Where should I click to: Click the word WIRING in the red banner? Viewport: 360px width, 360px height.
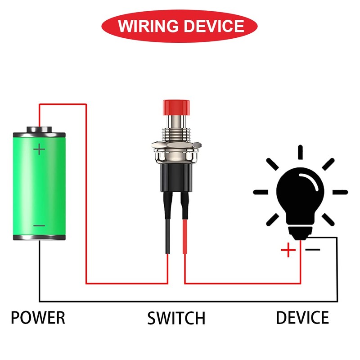[148, 26]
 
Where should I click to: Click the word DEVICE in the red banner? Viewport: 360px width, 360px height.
[214, 26]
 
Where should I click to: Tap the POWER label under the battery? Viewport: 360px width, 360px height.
[38, 318]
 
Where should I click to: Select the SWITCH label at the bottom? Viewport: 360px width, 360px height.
[176, 318]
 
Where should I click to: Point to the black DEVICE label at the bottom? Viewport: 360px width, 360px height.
[302, 318]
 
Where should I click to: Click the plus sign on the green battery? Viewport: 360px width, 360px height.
[39, 149]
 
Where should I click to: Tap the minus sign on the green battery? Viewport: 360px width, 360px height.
[39, 226]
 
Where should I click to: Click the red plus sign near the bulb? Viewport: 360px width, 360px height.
[288, 250]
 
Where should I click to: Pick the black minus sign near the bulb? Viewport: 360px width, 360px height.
[313, 250]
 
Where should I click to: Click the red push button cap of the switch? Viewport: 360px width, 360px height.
[176, 108]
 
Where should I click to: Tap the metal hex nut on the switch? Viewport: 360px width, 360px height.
[176, 145]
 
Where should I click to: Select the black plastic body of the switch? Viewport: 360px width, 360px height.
[176, 177]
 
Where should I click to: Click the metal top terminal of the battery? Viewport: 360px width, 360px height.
[39, 130]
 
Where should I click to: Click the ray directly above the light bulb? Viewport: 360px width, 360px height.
[300, 152]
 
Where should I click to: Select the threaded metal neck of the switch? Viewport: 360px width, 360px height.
[176, 135]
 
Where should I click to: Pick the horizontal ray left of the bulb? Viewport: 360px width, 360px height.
[261, 192]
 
